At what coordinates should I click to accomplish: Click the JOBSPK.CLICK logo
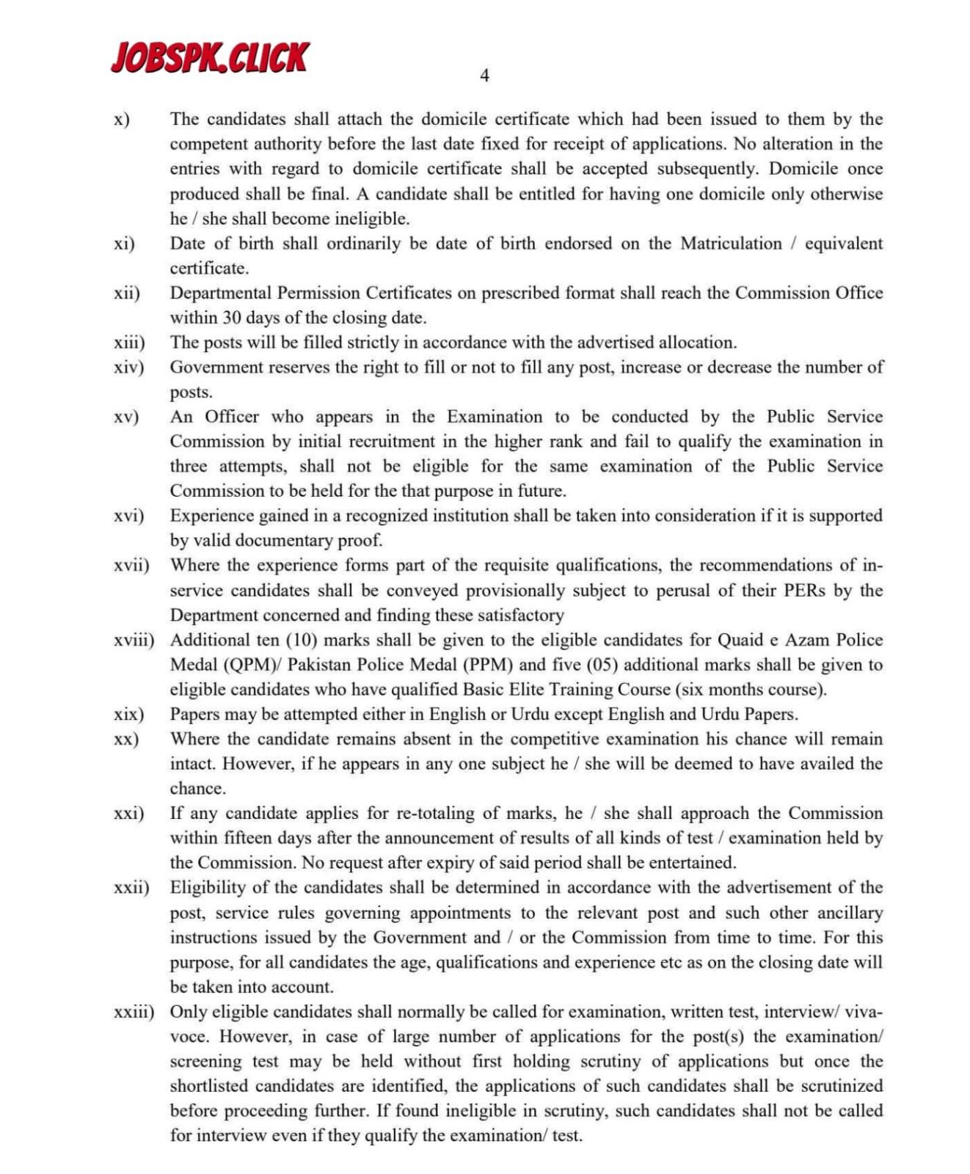210,57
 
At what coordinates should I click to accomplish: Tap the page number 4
484,76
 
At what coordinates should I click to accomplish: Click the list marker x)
122,119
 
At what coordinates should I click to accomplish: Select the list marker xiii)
129,343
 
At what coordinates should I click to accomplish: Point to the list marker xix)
128,714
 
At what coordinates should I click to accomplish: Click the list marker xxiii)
134,1012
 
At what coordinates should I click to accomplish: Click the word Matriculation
731,244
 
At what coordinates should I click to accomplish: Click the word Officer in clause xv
232,417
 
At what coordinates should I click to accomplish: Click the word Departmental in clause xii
221,293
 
